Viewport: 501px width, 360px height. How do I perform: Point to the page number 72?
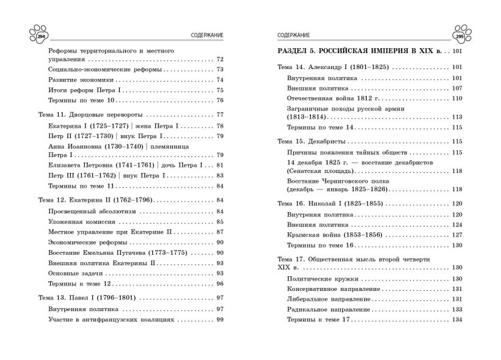tap(220, 59)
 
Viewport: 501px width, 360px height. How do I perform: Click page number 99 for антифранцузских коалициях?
tap(220, 320)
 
